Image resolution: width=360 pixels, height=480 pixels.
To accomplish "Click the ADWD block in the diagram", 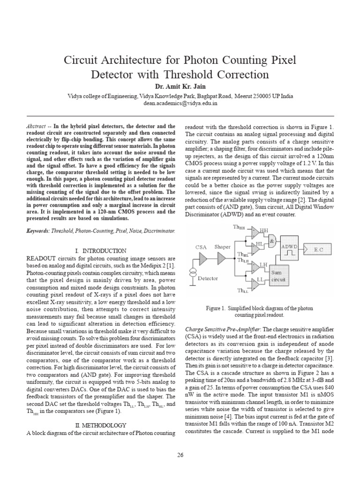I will coord(291,249).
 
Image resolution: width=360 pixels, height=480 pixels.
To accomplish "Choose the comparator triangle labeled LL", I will coord(255,281).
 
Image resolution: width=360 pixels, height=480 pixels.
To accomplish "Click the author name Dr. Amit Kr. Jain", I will coord(180,87).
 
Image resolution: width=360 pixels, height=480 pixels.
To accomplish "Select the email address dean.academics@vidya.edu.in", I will coord(180,102).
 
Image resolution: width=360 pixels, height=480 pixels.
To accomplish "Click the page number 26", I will coord(180,455).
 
